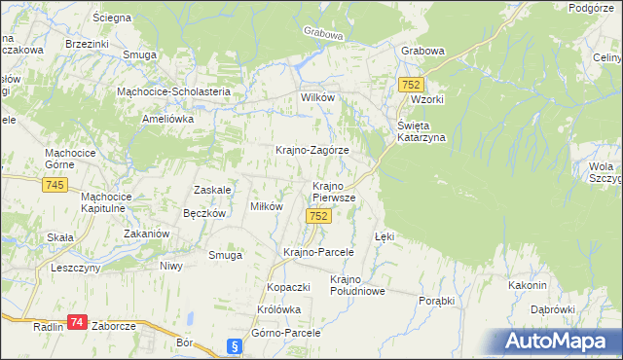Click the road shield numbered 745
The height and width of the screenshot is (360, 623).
[x=55, y=186]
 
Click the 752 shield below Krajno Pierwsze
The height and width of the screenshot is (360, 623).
[x=316, y=216]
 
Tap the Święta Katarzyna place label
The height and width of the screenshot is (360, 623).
[x=421, y=131]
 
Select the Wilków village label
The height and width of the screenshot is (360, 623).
[x=317, y=99]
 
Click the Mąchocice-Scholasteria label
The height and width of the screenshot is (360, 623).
[x=172, y=91]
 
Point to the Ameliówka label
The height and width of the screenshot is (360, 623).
[x=168, y=118]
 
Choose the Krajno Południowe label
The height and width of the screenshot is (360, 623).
[x=358, y=284]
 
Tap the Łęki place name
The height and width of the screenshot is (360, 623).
[x=385, y=236]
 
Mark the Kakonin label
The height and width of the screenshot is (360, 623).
[x=528, y=285]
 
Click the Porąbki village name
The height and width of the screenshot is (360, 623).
[x=437, y=301]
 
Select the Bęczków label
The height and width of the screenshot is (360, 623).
[x=204, y=213]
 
